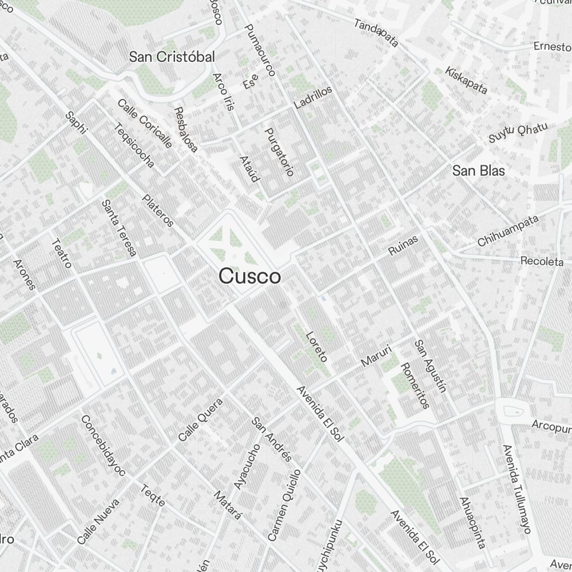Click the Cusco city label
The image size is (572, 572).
[x=249, y=277]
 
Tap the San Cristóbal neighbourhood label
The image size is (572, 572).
[x=172, y=57]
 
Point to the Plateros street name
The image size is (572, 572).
[x=158, y=210]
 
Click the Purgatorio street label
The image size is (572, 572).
[x=279, y=151]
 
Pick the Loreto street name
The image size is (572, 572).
[x=316, y=347]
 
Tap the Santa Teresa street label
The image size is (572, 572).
[x=118, y=228]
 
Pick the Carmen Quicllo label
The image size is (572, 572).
[x=284, y=505]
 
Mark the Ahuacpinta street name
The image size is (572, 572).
[x=472, y=522]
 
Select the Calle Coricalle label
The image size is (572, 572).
[x=144, y=123]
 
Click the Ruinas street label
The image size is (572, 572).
[x=403, y=245]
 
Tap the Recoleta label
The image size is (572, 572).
[x=542, y=261]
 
